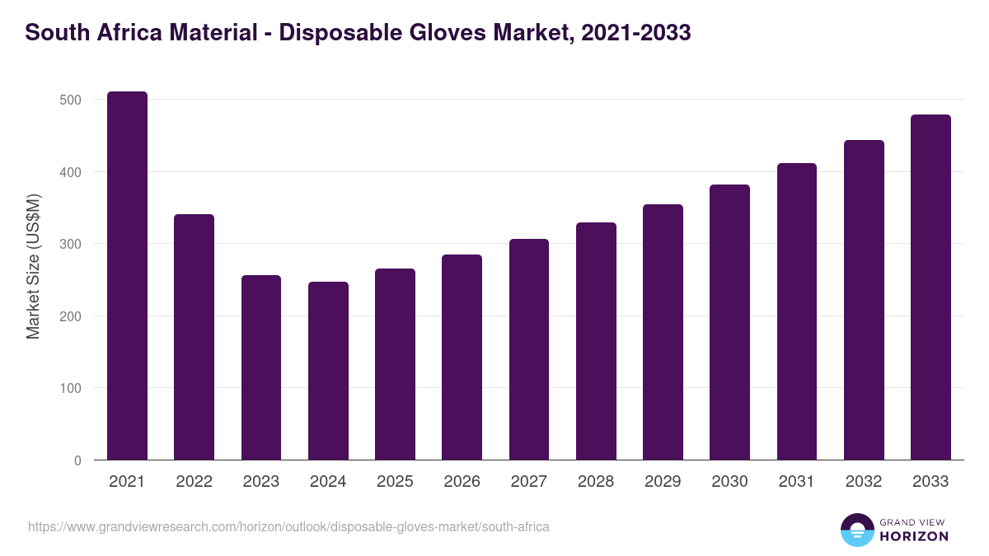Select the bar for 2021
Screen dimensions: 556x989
[127, 276]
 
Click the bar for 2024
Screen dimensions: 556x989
[328, 371]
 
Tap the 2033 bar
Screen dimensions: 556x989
[930, 287]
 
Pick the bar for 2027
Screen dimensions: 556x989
[529, 349]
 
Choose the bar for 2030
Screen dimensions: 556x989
[729, 322]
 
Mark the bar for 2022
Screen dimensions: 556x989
[195, 337]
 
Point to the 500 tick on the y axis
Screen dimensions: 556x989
[71, 100]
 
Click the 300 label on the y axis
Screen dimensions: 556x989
[71, 244]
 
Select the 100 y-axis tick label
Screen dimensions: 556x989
[71, 388]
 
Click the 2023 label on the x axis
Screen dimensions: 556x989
[261, 482]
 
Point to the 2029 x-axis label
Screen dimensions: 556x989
[663, 482]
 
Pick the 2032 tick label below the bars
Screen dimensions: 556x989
[864, 482]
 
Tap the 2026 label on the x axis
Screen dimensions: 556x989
[462, 482]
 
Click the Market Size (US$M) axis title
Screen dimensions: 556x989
[33, 265]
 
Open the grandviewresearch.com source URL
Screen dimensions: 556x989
[288, 526]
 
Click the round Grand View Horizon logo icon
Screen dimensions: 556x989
[856, 530]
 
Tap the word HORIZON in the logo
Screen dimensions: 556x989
[914, 536]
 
